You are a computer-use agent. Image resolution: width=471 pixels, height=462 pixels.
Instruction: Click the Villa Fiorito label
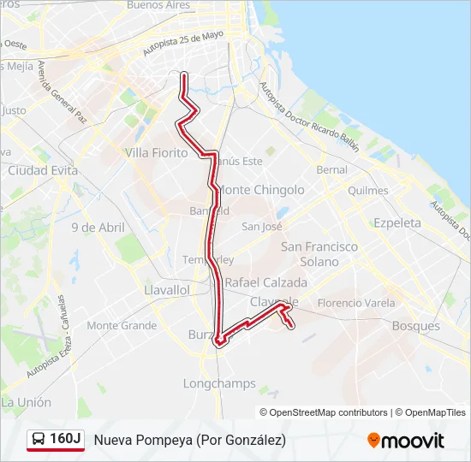click(x=156, y=152)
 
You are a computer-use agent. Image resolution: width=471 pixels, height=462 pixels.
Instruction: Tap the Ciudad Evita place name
click(x=42, y=170)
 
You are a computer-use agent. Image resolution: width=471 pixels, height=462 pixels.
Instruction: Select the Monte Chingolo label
click(x=260, y=189)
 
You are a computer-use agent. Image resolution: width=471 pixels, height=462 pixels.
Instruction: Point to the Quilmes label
click(x=368, y=190)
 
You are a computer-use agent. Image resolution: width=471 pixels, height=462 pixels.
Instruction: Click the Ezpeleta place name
click(x=397, y=222)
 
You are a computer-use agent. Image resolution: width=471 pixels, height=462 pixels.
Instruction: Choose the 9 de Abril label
click(x=98, y=228)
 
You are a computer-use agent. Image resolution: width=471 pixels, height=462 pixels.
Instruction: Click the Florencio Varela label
click(x=356, y=303)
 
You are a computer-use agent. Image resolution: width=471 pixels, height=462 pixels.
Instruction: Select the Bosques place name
click(x=415, y=326)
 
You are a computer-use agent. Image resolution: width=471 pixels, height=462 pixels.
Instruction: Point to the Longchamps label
click(x=219, y=383)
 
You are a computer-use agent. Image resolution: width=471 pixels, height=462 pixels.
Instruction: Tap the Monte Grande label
click(x=122, y=326)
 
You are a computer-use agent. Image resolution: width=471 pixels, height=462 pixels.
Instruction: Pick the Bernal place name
click(x=332, y=170)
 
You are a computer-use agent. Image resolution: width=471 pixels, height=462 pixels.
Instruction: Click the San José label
click(x=262, y=227)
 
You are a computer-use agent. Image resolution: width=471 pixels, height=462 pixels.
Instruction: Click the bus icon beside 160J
click(x=39, y=440)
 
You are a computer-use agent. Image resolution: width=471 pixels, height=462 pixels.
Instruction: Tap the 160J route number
click(x=65, y=440)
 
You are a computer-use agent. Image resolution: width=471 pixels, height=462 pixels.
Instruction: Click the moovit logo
click(x=406, y=441)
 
